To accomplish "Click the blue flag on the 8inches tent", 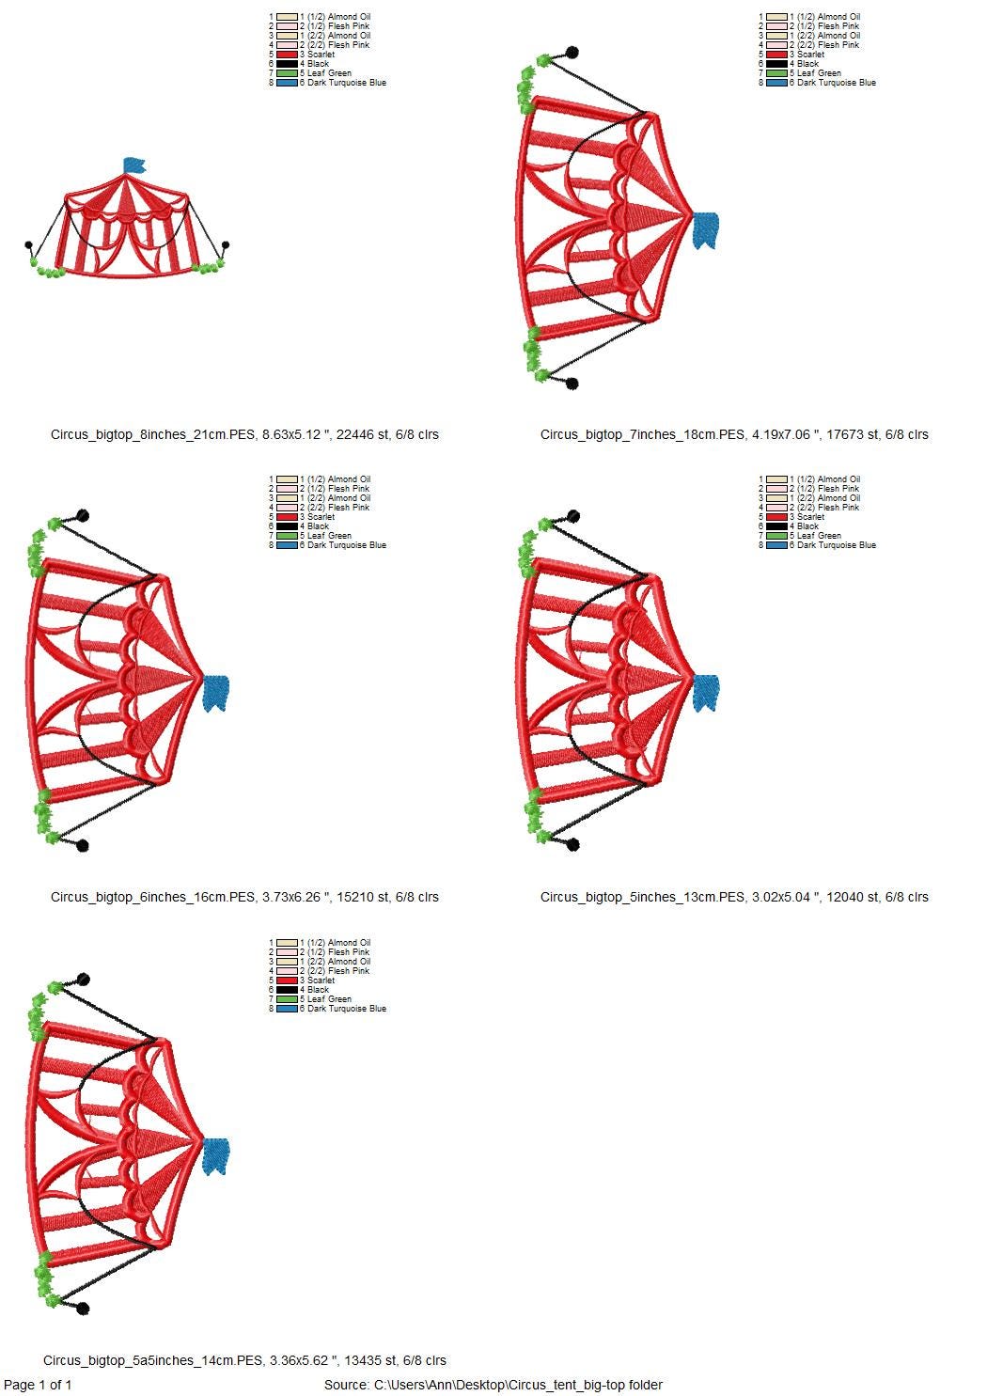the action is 134,165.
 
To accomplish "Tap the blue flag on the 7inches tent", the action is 706,230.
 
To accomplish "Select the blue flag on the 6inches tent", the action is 216,693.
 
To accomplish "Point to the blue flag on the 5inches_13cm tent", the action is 706,693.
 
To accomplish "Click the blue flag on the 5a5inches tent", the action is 216,1156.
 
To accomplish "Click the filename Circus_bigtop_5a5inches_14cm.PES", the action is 152,1360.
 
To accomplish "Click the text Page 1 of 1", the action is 38,1385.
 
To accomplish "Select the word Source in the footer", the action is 346,1385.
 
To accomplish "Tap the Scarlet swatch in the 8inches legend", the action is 287,55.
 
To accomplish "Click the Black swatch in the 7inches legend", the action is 776,64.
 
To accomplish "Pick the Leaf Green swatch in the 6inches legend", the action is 287,535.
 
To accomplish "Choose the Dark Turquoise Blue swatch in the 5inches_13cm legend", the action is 776,544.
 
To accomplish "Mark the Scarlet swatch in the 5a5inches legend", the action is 287,980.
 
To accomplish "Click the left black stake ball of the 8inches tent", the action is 28,244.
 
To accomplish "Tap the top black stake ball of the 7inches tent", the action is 572,53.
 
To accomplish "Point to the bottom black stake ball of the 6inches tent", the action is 83,845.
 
